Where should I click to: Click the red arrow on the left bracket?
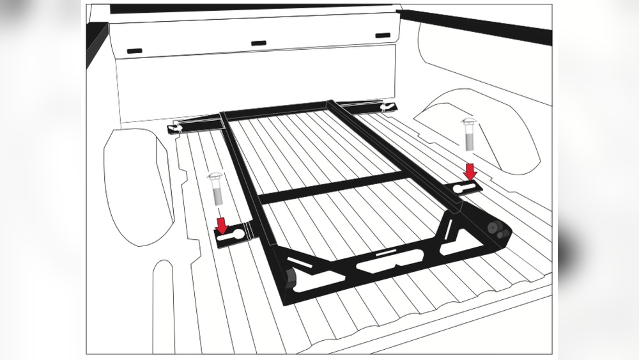pos(222,224)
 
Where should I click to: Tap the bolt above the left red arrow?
pos(216,189)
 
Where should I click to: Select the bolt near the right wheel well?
pos(467,134)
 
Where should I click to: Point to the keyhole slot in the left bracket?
pos(231,237)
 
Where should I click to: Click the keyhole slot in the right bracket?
pos(465,186)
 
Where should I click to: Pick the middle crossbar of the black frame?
pos(332,188)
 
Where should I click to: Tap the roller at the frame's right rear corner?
pos(495,229)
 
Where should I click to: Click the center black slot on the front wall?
pos(258,43)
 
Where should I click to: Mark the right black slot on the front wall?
pos(382,35)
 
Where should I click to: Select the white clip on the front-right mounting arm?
pos(384,106)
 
